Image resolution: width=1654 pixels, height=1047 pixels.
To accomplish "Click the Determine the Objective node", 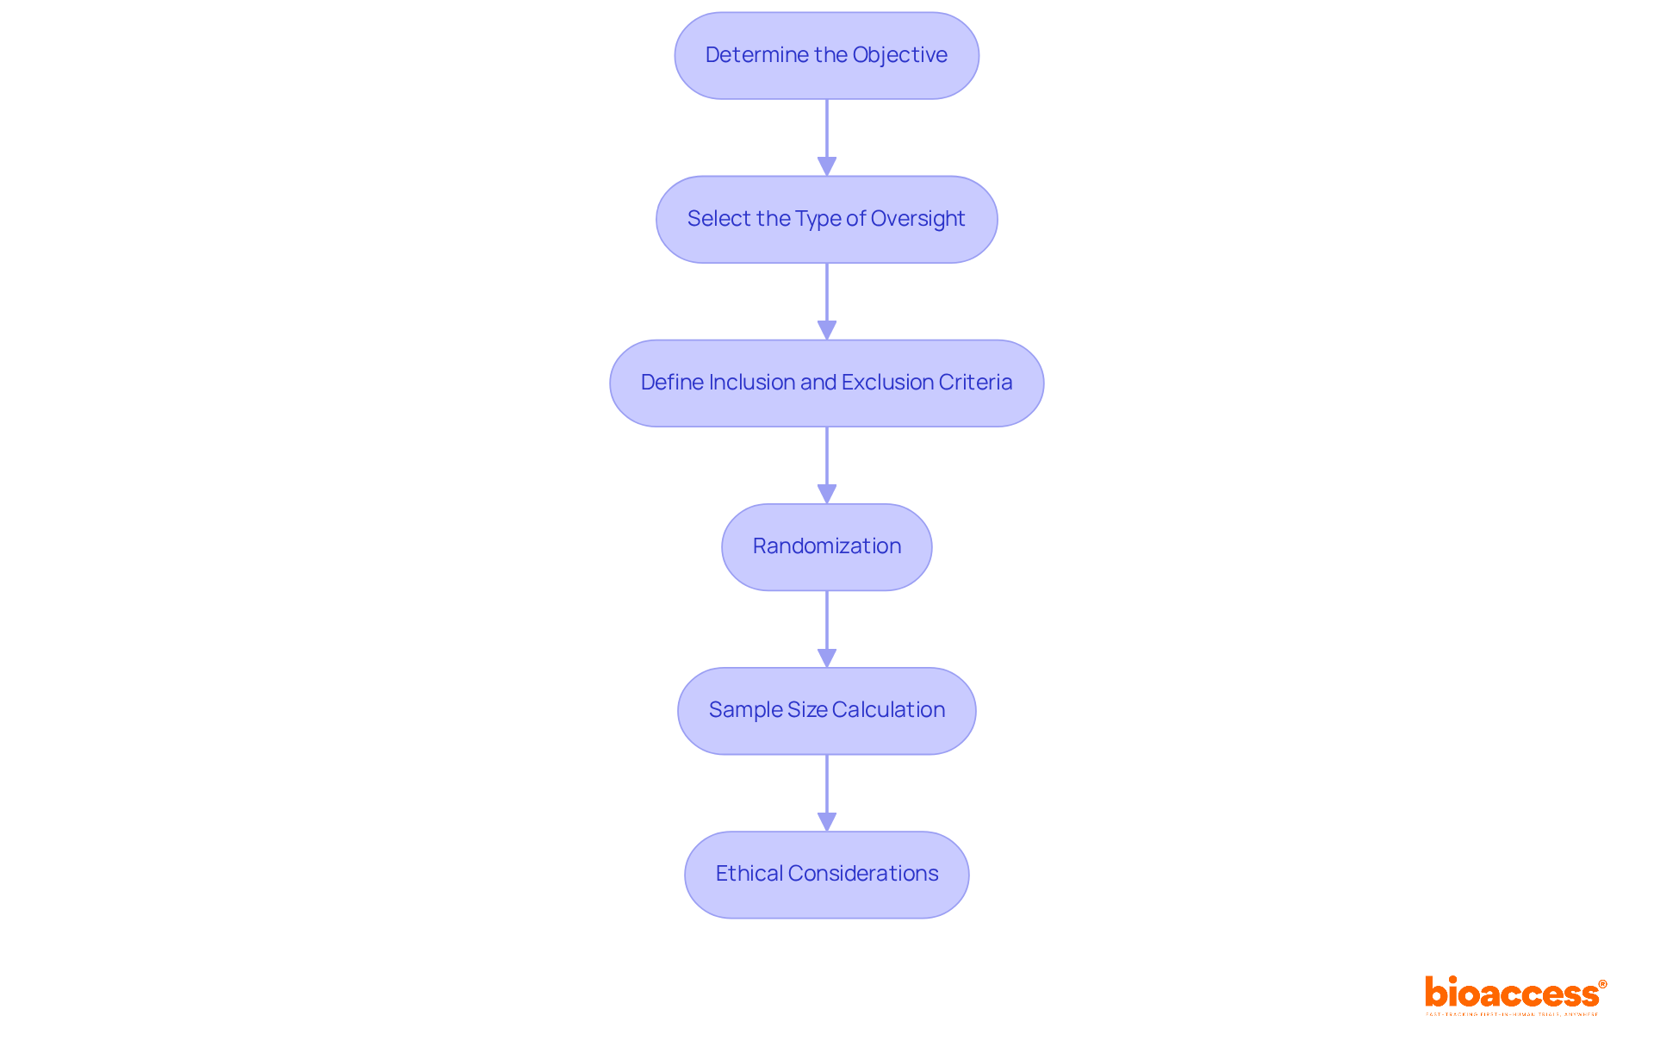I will pos(826,55).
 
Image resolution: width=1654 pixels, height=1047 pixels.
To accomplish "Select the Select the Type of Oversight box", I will pos(826,219).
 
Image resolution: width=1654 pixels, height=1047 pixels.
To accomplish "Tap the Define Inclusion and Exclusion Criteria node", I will pos(826,383).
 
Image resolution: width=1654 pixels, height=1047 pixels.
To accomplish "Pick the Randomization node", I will pos(826,546).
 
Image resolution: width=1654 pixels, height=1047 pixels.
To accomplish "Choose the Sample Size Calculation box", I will pos(826,710).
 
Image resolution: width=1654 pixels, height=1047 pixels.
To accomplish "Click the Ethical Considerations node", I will pos(826,874).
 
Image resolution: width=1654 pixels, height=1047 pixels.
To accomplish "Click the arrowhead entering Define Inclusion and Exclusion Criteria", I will pos(827,330).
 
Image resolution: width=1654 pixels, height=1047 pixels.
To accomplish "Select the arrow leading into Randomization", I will pos(827,465).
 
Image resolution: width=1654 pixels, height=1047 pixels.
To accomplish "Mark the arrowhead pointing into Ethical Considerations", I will pos(827,821).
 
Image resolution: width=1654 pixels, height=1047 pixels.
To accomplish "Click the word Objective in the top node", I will pos(899,55).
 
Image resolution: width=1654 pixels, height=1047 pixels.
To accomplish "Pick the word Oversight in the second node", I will pos(917,219).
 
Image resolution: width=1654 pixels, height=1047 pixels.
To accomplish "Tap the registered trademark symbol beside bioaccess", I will pos(1602,984).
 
